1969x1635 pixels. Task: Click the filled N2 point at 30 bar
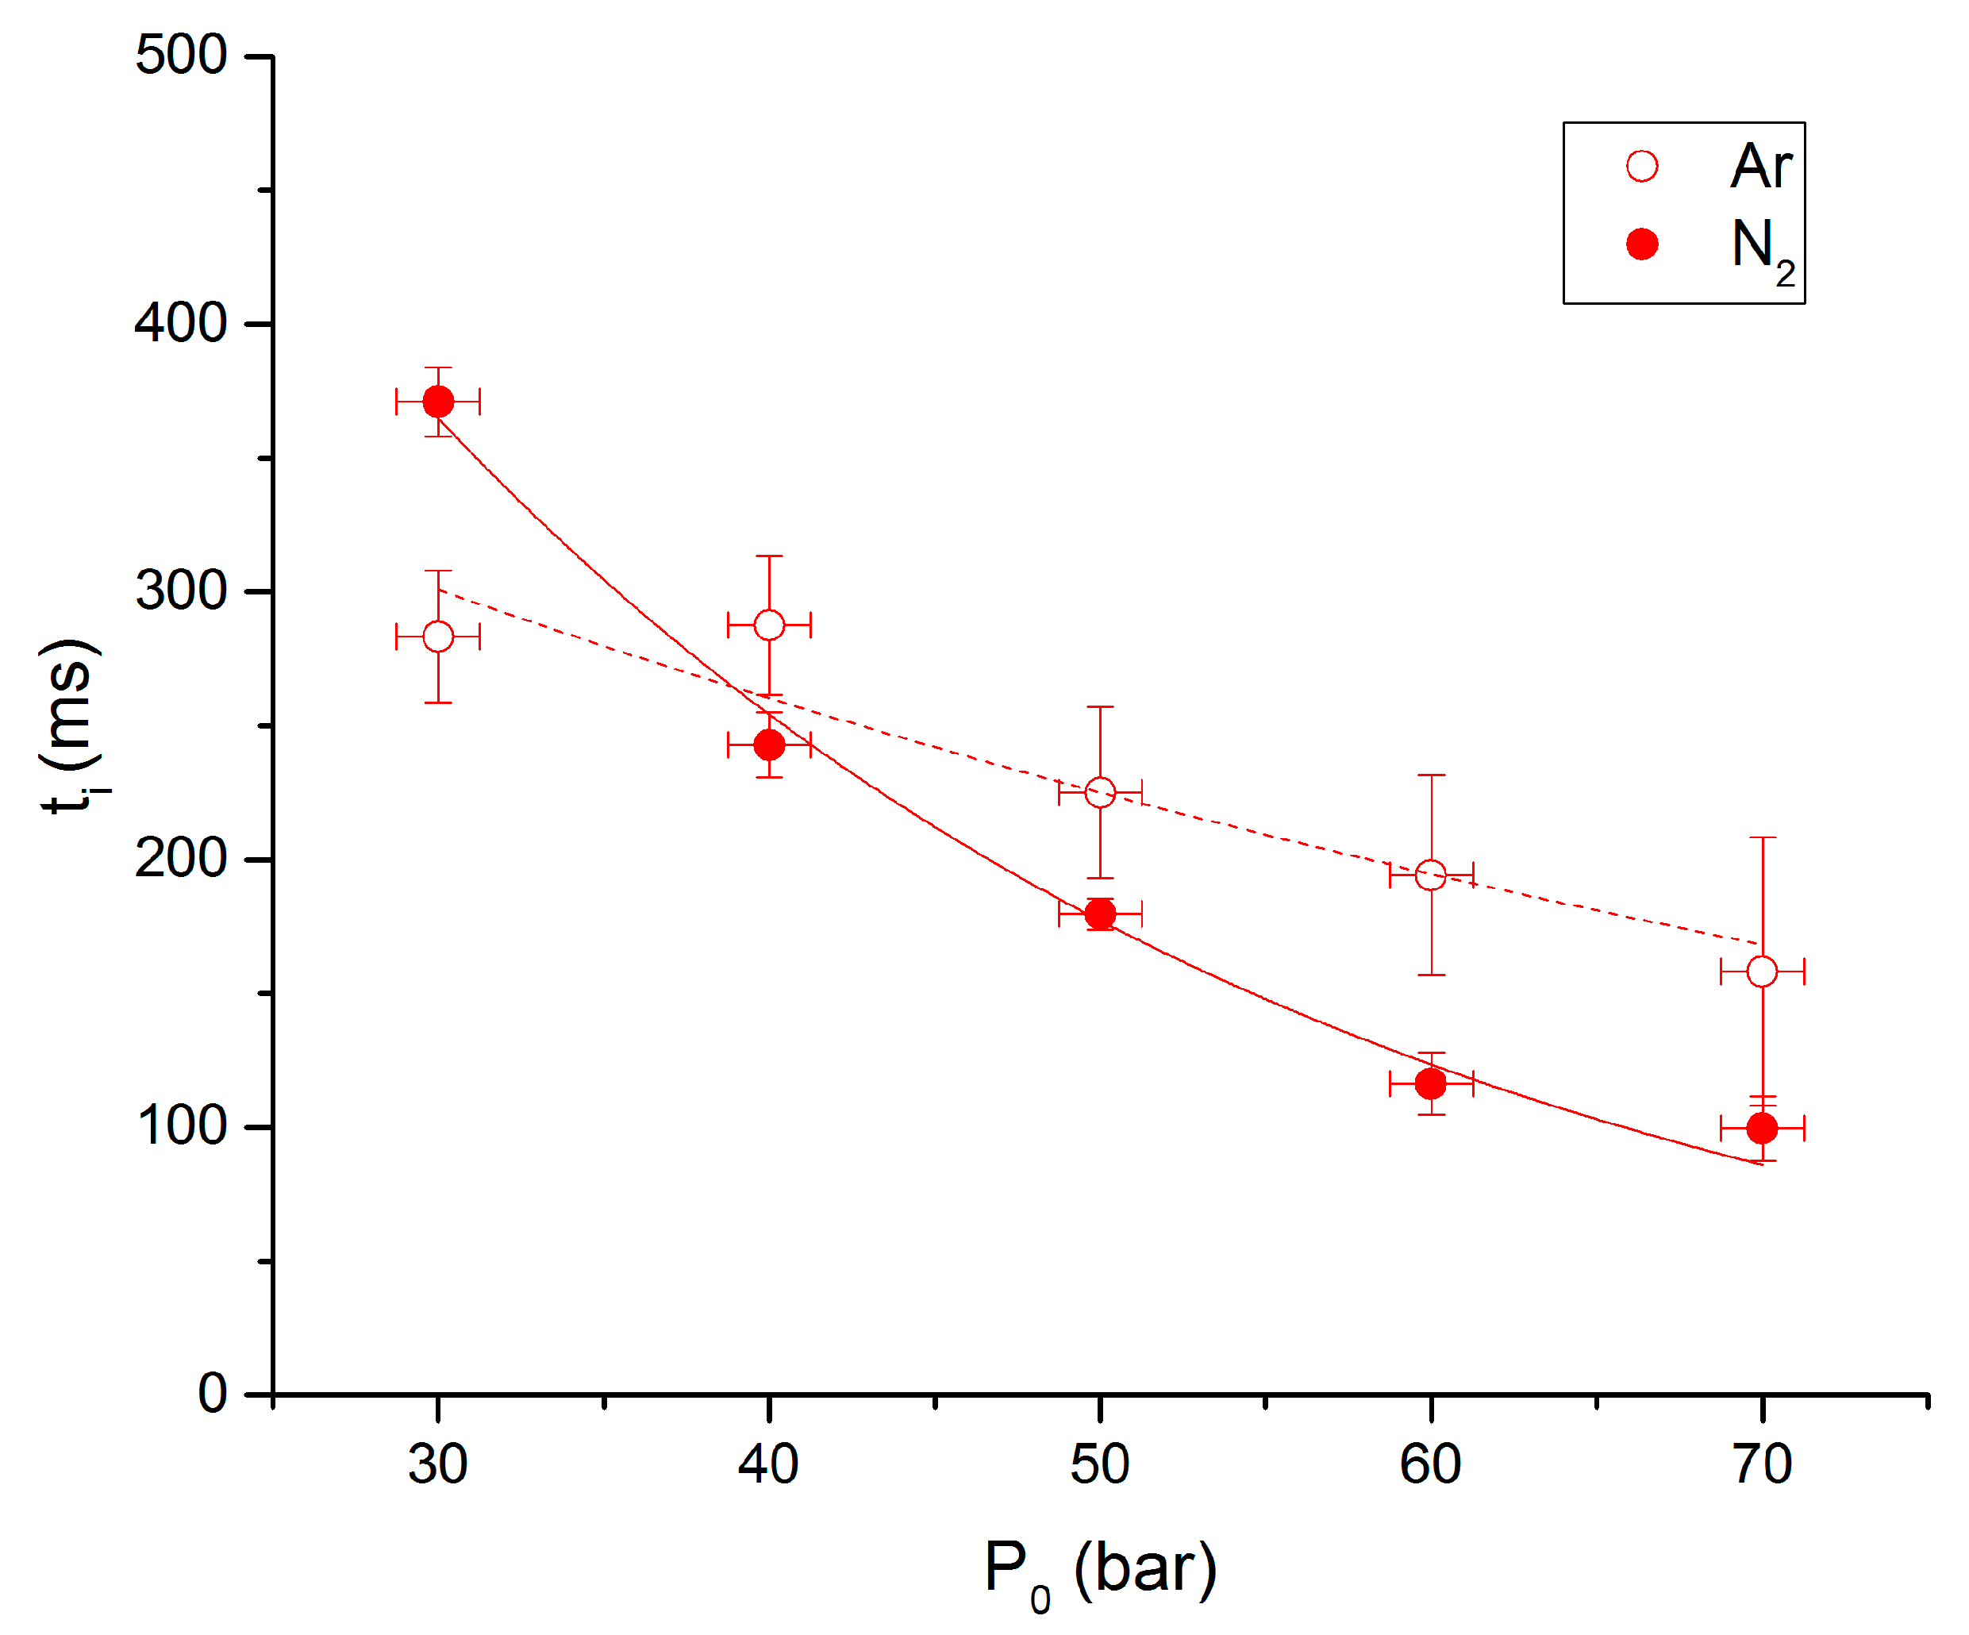(438, 402)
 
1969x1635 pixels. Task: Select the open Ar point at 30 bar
(438, 637)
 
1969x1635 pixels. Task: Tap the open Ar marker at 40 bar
(769, 625)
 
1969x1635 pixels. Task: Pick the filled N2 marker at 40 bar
(769, 744)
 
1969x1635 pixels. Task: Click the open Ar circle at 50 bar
(1100, 792)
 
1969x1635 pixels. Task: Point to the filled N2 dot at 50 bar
(1100, 913)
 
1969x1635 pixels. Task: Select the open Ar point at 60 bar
(1431, 875)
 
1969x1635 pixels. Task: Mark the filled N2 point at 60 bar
(1431, 1083)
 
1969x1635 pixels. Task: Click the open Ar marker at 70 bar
(1762, 971)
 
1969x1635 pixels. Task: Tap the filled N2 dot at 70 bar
(1762, 1128)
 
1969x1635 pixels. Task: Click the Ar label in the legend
(1761, 167)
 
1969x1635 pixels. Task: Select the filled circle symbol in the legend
(1642, 244)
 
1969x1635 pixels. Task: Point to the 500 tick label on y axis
(181, 56)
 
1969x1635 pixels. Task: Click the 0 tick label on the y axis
(212, 1393)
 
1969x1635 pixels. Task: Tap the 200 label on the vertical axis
(181, 858)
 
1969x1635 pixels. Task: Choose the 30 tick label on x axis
(438, 1464)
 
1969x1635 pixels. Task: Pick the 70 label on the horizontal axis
(1762, 1464)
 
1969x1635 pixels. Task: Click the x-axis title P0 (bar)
(1100, 1572)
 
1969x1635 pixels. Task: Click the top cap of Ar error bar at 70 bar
(1762, 837)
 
